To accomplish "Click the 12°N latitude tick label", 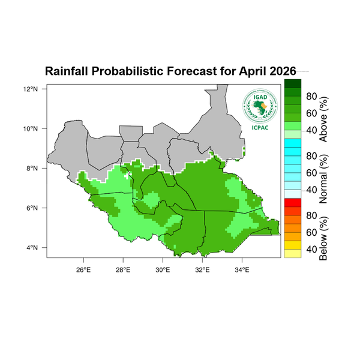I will [31, 89].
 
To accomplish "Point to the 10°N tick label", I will [31, 128].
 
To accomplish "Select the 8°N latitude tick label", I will [33, 169].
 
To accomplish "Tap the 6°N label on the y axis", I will [33, 208].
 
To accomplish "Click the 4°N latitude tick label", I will [33, 248].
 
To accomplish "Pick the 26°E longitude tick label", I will [83, 268].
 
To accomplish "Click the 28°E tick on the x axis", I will [122, 268].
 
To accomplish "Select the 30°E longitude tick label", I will [163, 268].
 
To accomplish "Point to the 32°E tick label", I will [202, 268].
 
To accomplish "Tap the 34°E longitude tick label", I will [242, 268].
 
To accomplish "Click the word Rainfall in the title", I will [67, 71].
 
